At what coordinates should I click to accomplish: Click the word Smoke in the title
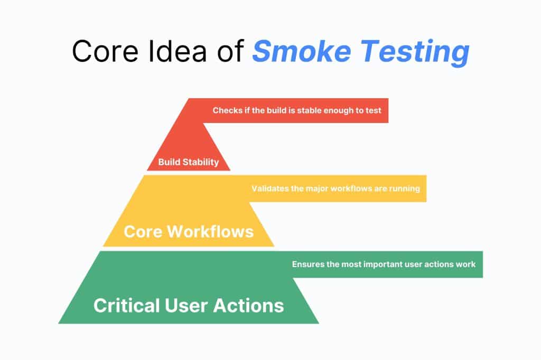302,51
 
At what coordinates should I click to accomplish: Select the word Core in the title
105,51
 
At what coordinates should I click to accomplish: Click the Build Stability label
189,162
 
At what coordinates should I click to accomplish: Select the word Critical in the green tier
127,306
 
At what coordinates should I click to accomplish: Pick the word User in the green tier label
186,306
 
